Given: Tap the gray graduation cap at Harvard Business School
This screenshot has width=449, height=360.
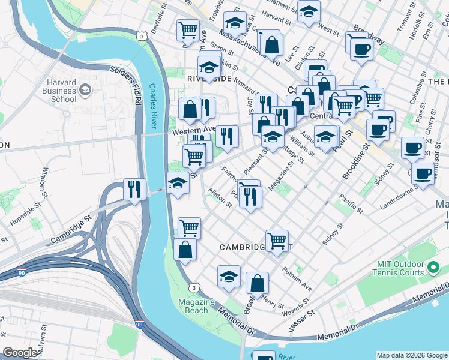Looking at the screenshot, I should pyautogui.click(x=85, y=91).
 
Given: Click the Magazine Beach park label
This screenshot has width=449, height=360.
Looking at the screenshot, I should pyautogui.click(x=196, y=306).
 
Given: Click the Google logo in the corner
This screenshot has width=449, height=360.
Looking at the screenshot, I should pyautogui.click(x=20, y=353).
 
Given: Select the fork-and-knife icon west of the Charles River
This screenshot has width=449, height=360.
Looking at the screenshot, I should pyautogui.click(x=134, y=190).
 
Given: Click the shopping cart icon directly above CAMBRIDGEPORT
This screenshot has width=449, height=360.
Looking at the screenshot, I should pyautogui.click(x=277, y=241).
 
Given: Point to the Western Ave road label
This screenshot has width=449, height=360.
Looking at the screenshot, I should pyautogui.click(x=193, y=130).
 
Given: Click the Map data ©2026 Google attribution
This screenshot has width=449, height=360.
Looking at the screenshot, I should pyautogui.click(x=412, y=355).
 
